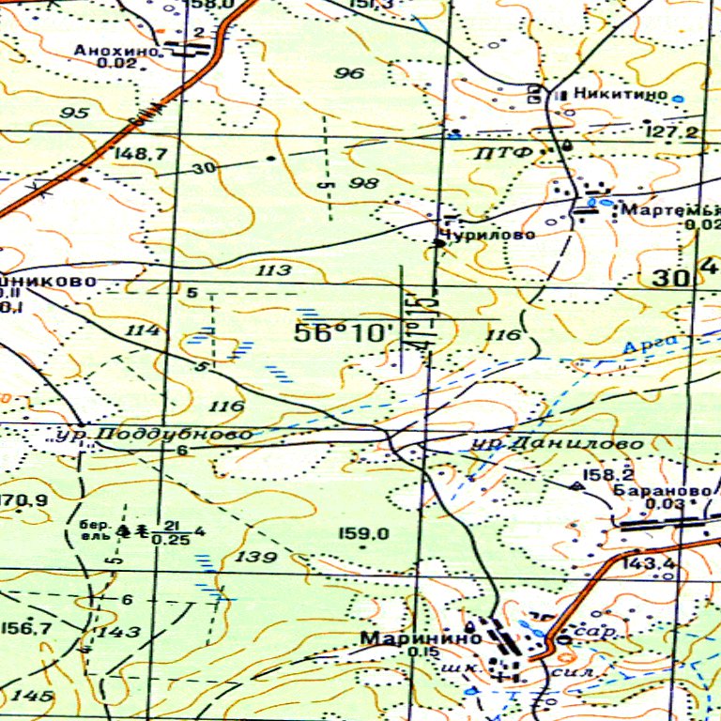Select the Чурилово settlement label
point(488,234)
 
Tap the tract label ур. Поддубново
point(152,434)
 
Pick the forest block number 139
point(256,558)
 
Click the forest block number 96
point(349,72)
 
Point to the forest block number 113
point(273,270)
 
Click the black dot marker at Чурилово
point(438,243)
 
